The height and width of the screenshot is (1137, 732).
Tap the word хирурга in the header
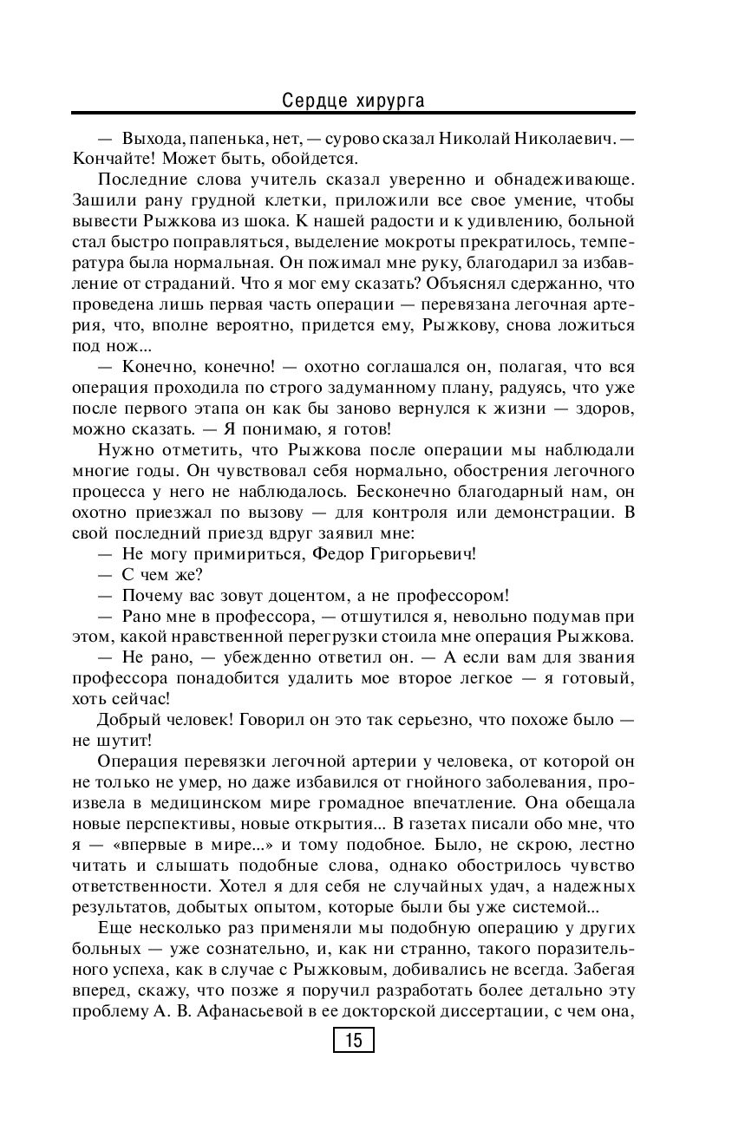(x=390, y=101)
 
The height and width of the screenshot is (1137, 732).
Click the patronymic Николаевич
(x=564, y=138)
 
